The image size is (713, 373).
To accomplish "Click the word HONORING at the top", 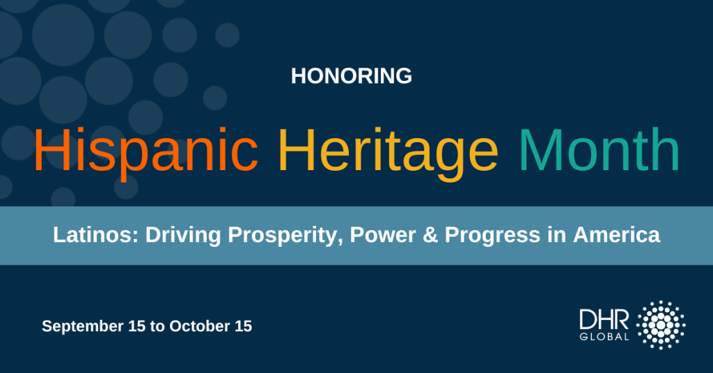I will tap(351, 76).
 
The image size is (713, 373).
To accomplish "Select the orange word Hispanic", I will tap(146, 151).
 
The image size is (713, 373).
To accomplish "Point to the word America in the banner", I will tap(616, 235).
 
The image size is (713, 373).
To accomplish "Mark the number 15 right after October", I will tap(242, 325).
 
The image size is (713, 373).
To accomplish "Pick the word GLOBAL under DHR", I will tap(604, 337).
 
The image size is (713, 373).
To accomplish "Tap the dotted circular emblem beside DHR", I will tap(661, 326).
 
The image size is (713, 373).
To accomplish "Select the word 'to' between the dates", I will tap(156, 326).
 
